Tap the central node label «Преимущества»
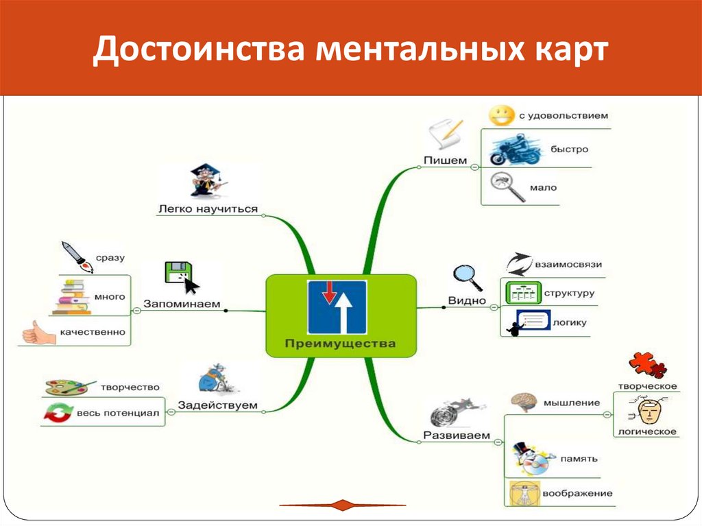pos(341,343)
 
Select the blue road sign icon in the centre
pos(337,307)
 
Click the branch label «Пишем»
pos(445,160)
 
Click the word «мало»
pos(543,187)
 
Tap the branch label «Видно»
pos(467,300)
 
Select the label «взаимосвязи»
pos(570,263)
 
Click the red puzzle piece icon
pos(646,365)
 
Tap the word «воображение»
pos(577,493)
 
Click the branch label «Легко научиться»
pos(208,208)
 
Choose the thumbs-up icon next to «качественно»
pos(36,333)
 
